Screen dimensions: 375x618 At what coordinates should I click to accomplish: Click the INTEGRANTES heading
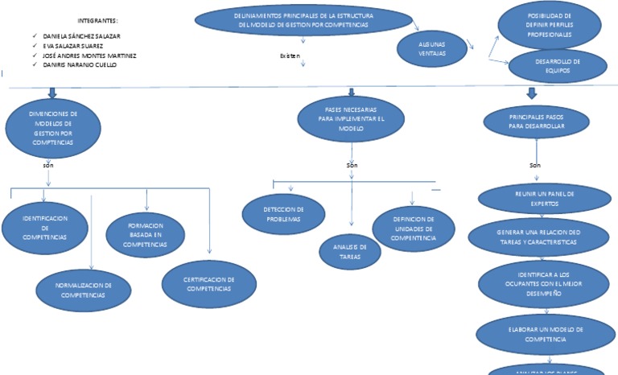pos(97,19)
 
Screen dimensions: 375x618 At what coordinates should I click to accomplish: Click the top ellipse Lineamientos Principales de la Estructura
pos(303,20)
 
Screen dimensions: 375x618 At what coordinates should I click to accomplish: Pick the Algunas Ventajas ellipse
pos(431,48)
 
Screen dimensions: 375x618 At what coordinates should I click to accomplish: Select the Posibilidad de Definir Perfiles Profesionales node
pos(549,26)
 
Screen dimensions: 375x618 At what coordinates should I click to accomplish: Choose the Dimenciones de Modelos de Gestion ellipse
pos(53,128)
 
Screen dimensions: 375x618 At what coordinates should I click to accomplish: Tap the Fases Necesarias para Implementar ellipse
pos(351,117)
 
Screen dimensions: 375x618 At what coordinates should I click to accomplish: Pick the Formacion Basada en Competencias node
pos(146,234)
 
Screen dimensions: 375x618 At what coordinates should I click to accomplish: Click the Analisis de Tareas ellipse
pos(350,251)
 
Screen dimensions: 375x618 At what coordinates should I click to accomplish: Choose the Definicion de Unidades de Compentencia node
pos(414,228)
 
